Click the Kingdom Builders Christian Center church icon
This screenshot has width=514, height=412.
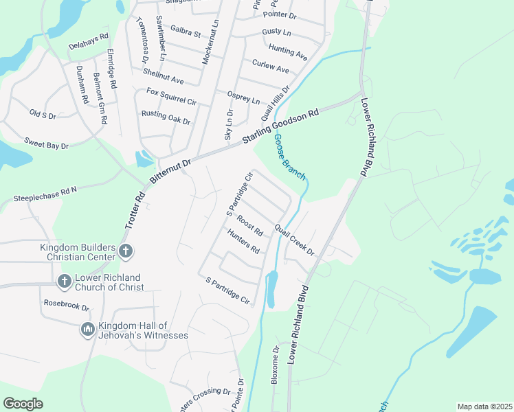point(125,251)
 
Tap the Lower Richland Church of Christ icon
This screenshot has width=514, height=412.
point(64,281)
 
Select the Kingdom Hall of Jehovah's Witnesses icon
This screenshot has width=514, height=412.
point(87,330)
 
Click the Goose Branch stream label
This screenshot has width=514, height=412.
point(290,157)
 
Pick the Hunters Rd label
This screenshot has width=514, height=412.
point(243,241)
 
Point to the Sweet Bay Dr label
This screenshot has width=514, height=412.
point(47,145)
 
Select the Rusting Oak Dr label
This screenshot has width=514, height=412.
point(166,117)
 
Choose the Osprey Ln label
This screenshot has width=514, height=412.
point(244,97)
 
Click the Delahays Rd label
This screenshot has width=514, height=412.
point(89,42)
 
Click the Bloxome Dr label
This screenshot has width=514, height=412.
point(276,365)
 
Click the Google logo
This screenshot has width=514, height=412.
point(23,404)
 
